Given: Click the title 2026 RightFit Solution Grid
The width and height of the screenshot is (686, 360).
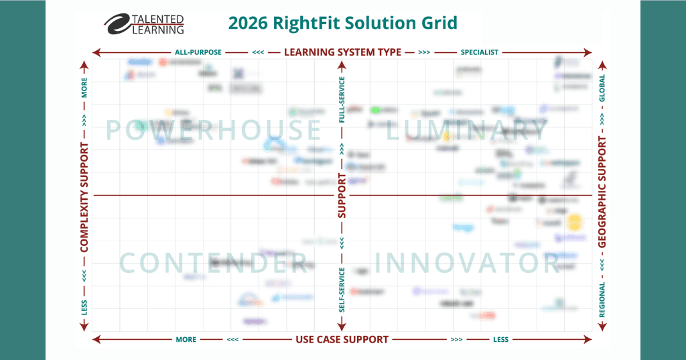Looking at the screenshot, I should point(342,23).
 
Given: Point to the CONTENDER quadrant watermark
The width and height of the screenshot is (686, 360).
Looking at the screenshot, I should point(213,263).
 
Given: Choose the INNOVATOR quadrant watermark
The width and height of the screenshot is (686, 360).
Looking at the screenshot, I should point(468,263).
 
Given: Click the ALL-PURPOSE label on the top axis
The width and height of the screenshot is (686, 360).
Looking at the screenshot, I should point(198,52).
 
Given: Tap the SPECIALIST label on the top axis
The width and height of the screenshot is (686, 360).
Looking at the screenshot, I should point(480,52).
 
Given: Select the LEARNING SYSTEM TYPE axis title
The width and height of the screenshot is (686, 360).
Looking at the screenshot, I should point(342,52).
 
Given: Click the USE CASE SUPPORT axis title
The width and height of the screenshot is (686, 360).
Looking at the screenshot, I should point(342,339).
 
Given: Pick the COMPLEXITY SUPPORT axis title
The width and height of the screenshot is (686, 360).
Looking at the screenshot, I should point(84,198).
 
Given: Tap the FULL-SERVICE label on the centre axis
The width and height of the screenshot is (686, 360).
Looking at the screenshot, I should point(342,100).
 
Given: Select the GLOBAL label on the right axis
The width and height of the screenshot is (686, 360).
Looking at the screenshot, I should point(602,88).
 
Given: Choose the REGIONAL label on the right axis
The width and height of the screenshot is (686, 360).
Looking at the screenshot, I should point(602,300).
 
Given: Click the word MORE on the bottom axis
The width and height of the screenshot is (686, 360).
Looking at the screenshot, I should point(186,339).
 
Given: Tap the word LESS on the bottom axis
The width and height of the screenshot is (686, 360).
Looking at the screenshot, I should point(500,339).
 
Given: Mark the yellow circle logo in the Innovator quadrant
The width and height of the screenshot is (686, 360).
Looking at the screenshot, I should point(575,223).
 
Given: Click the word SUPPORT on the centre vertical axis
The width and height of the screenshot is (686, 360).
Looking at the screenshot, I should point(342,196).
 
